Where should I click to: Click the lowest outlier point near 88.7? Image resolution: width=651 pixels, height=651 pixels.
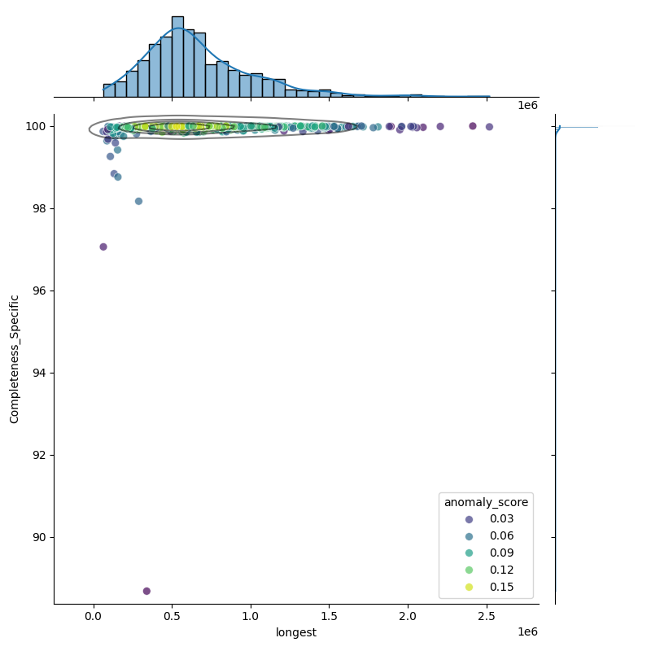(146, 591)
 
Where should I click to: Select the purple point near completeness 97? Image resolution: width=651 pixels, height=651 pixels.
(103, 247)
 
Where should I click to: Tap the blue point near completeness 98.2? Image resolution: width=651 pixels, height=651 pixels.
(138, 201)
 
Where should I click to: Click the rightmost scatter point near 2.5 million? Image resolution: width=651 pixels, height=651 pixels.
(489, 127)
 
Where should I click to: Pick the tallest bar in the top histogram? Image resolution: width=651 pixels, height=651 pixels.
(177, 56)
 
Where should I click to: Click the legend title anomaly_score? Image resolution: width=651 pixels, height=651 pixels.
(486, 502)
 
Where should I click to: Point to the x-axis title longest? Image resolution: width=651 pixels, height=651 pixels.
(296, 632)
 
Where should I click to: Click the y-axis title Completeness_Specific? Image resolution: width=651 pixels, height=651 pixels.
(15, 359)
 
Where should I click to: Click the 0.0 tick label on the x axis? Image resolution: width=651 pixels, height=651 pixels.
(94, 617)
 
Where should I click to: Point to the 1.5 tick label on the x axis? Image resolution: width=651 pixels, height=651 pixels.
(330, 617)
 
